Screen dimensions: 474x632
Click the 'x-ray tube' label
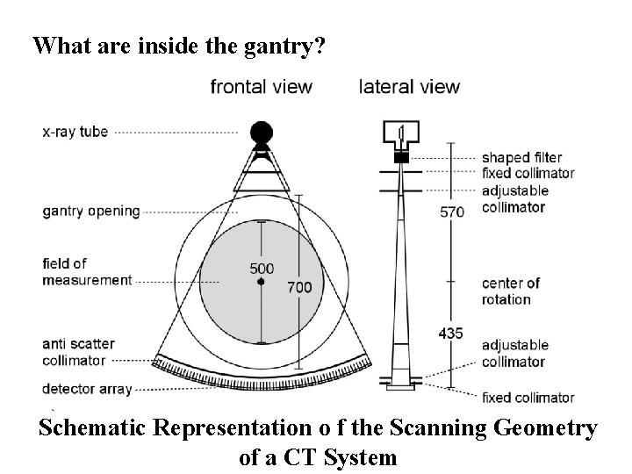[75, 133]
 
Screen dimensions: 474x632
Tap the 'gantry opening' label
[90, 211]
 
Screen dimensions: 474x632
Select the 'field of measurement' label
[86, 271]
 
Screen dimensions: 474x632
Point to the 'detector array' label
[86, 388]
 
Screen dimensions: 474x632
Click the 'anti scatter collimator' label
[86, 352]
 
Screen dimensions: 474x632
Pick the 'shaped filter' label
[521, 157]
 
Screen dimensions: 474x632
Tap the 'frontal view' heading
[261, 87]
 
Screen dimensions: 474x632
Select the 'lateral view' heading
[409, 87]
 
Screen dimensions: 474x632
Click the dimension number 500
[261, 269]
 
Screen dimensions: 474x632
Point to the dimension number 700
[299, 287]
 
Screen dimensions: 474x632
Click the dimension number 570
[452, 212]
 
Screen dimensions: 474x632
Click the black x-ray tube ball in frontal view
[261, 133]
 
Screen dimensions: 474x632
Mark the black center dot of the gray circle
[261, 282]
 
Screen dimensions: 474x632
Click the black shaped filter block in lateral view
[402, 157]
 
